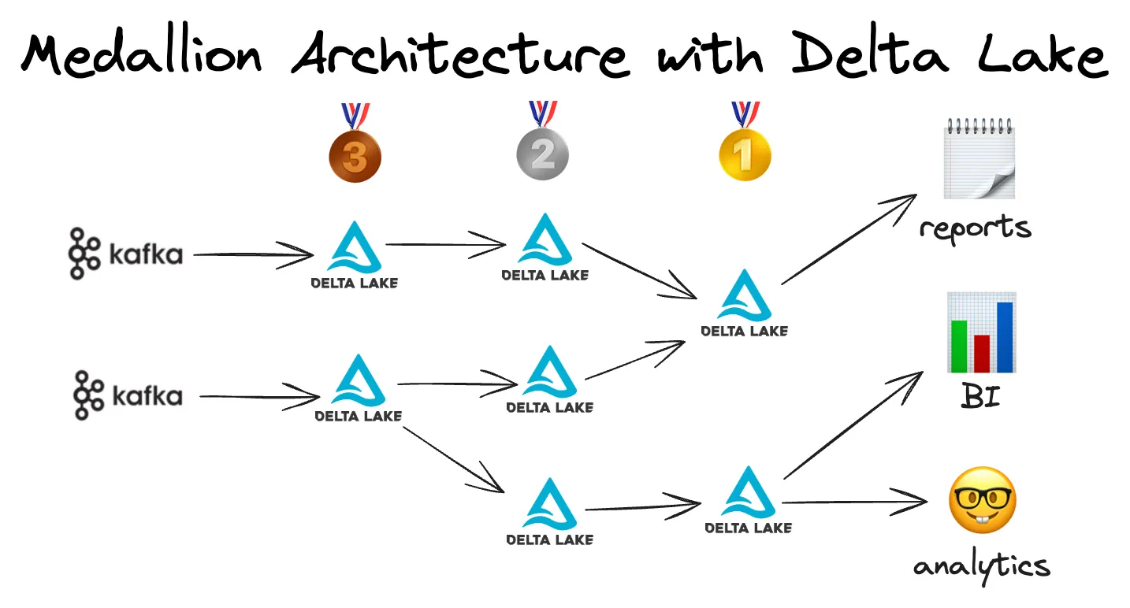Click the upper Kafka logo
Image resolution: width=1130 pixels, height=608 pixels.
[x=125, y=254]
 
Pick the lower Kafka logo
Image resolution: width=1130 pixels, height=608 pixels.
[x=128, y=395]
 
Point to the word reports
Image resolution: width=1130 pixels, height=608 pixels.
[x=975, y=227]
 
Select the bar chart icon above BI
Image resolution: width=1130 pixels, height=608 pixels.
[x=981, y=332]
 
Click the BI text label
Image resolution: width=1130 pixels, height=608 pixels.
[x=981, y=396]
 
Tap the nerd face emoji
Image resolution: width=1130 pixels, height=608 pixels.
[x=982, y=501]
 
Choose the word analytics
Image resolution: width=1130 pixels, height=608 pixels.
[x=981, y=565]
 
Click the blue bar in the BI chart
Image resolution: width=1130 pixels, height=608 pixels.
[x=1005, y=336]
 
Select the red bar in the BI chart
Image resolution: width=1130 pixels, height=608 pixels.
[x=982, y=353]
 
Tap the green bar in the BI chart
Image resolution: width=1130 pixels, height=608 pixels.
[x=959, y=346]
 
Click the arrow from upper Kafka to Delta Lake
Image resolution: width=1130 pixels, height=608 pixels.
[x=252, y=254]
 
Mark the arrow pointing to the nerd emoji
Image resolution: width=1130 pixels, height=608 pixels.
[x=855, y=501]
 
